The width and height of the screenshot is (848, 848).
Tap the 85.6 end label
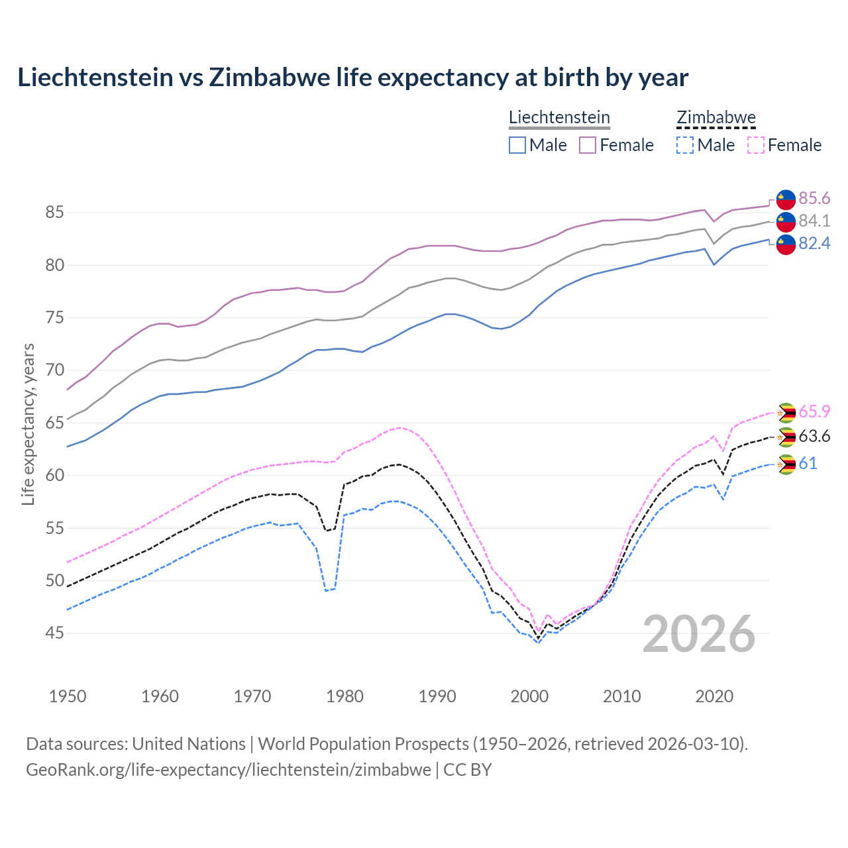pos(814,198)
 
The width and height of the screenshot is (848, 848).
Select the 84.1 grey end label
pos(814,221)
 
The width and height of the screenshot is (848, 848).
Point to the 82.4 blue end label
pos(814,243)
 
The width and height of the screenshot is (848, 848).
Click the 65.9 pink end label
pos(814,411)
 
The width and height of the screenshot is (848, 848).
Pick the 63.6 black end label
pos(814,436)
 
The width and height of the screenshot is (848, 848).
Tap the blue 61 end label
pos(808,463)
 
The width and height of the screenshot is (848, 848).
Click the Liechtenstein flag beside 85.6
pos(786,199)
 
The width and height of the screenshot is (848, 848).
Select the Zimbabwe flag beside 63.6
pos(786,437)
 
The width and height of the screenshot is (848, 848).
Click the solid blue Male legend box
pos(517,145)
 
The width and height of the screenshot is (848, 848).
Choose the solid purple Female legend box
pos(588,145)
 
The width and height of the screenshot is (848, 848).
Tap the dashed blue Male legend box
pos(685,145)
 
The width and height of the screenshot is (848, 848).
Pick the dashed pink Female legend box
pos(756,145)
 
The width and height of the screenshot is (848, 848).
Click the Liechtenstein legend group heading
pos(559,117)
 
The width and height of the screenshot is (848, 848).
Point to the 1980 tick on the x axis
pos(344,696)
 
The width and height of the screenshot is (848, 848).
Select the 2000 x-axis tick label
pos(529,696)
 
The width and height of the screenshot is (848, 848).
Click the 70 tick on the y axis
pos(54,370)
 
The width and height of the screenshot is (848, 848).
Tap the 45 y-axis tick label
pos(54,633)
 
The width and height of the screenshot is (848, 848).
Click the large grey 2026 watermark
pos(698,634)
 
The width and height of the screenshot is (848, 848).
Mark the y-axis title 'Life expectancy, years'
pos(28,424)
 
